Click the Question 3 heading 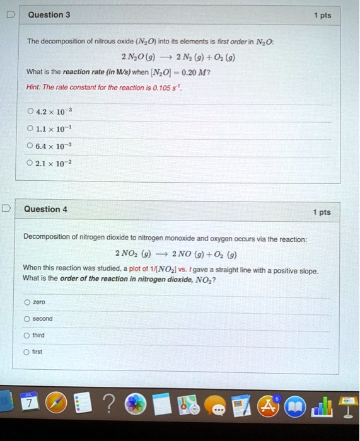pos(49,14)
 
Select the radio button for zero pos(26,302)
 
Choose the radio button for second pos(26,318)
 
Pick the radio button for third pos(26,335)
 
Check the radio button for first pos(26,352)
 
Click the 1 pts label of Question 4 pos(321,212)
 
